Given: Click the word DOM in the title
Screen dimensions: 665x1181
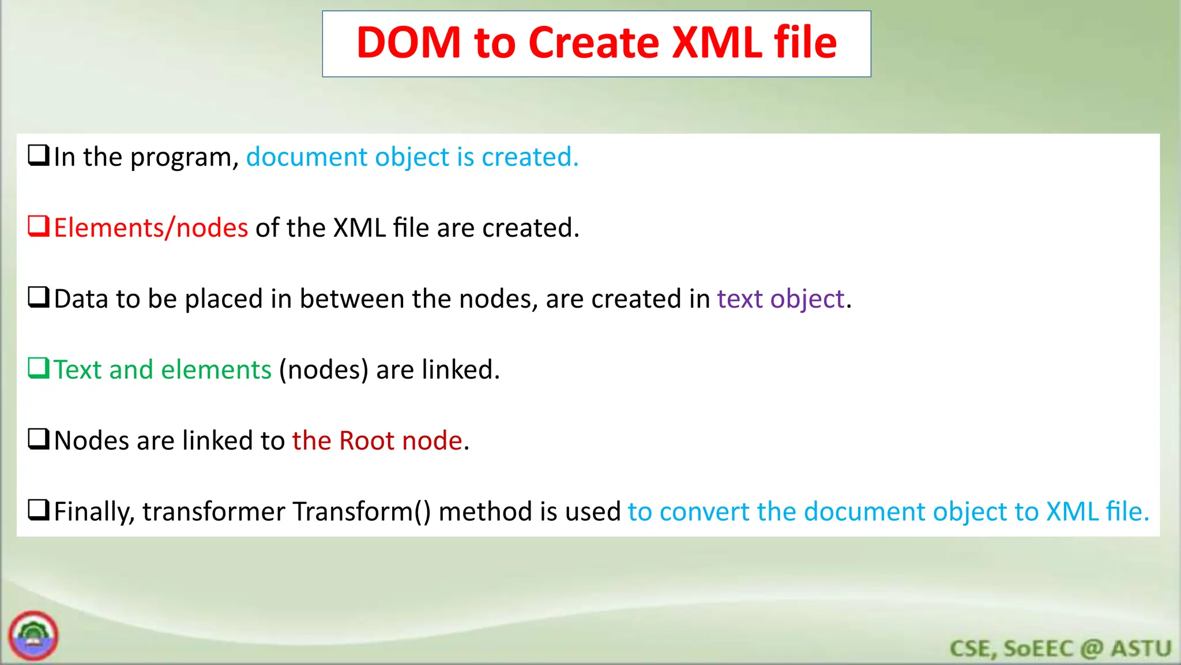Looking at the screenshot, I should click(408, 43).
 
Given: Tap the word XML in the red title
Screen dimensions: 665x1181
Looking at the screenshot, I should click(717, 43).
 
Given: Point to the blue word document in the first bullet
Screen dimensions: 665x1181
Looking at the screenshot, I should click(307, 157).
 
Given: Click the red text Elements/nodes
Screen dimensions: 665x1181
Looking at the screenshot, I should click(151, 228).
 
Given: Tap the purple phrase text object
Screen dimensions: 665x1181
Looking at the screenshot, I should click(781, 299).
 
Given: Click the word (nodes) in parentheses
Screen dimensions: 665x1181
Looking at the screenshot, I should click(324, 370).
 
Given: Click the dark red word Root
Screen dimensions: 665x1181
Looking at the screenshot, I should click(366, 441).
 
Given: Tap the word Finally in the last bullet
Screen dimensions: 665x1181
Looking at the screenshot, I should click(94, 512).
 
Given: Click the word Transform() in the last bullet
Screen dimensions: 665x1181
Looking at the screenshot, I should click(362, 512).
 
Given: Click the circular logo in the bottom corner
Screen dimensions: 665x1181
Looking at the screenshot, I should click(33, 636).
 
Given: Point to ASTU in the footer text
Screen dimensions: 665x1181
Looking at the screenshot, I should click(1141, 649).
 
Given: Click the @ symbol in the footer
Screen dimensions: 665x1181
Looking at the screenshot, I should click(1092, 649).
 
